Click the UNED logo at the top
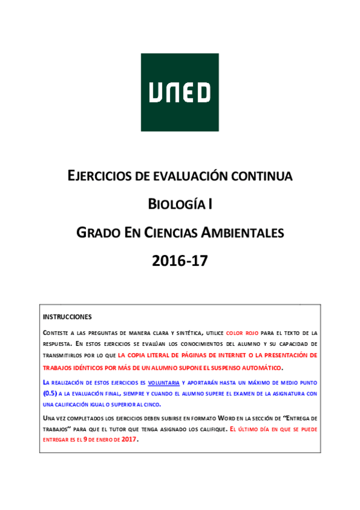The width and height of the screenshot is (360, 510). pyautogui.click(x=180, y=92)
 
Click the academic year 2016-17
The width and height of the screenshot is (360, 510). pyautogui.click(x=180, y=260)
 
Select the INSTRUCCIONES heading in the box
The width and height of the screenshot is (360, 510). pyautogui.click(x=67, y=317)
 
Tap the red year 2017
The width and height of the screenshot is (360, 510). pyautogui.click(x=128, y=440)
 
